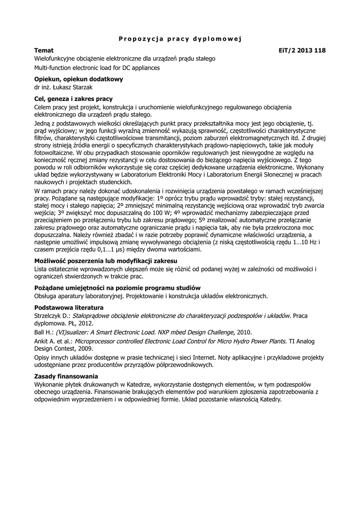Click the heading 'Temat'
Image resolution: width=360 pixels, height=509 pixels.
pyautogui.click(x=44, y=50)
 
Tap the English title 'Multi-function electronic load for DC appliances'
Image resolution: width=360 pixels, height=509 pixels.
pyautogui.click(x=97, y=68)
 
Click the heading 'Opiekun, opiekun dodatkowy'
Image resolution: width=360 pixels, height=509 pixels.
pyautogui.click(x=78, y=79)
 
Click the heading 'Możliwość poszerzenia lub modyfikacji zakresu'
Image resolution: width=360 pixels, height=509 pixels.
pyautogui.click(x=105, y=260)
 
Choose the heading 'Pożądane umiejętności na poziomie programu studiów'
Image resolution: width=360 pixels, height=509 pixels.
pyautogui.click(x=117, y=288)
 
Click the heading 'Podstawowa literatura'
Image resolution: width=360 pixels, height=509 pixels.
pyautogui.click(x=69, y=307)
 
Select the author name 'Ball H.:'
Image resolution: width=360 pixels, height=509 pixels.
pyautogui.click(x=44, y=332)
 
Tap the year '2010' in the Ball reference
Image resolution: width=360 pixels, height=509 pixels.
pyautogui.click(x=244, y=332)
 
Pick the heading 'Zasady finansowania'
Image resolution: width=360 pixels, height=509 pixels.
pyautogui.click(x=66, y=376)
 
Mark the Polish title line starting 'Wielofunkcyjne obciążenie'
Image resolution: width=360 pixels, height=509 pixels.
pyautogui.click(x=125, y=58)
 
